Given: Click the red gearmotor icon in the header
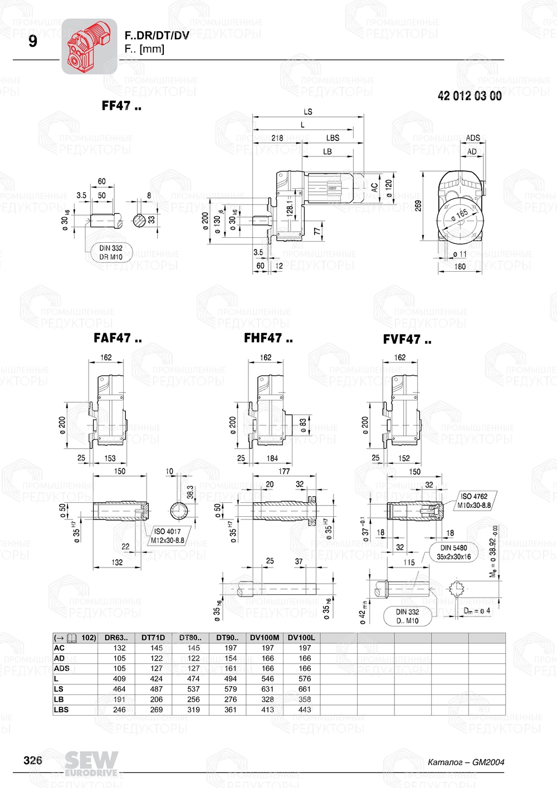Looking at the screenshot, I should click(x=89, y=46).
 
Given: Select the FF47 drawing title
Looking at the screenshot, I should click(x=121, y=106).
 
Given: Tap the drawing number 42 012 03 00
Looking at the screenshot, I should click(x=470, y=96).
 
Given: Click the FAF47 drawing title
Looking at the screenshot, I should click(x=118, y=338).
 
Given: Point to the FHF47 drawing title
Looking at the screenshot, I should click(x=268, y=338).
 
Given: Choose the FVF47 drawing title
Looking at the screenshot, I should click(x=407, y=339).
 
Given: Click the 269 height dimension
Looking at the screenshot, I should click(x=418, y=205).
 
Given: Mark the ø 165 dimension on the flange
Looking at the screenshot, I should click(x=460, y=215).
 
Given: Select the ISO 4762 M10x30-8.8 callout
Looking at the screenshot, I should click(x=474, y=501).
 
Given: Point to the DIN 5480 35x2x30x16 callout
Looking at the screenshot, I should click(x=453, y=552).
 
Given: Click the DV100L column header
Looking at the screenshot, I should click(x=301, y=638).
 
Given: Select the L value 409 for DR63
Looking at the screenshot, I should click(x=120, y=679).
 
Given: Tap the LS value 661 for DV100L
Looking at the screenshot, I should click(x=305, y=689).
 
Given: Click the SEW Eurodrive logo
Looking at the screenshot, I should click(x=91, y=763).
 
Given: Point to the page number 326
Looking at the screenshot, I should click(x=33, y=760).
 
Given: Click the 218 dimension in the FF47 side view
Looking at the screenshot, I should click(x=277, y=138).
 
